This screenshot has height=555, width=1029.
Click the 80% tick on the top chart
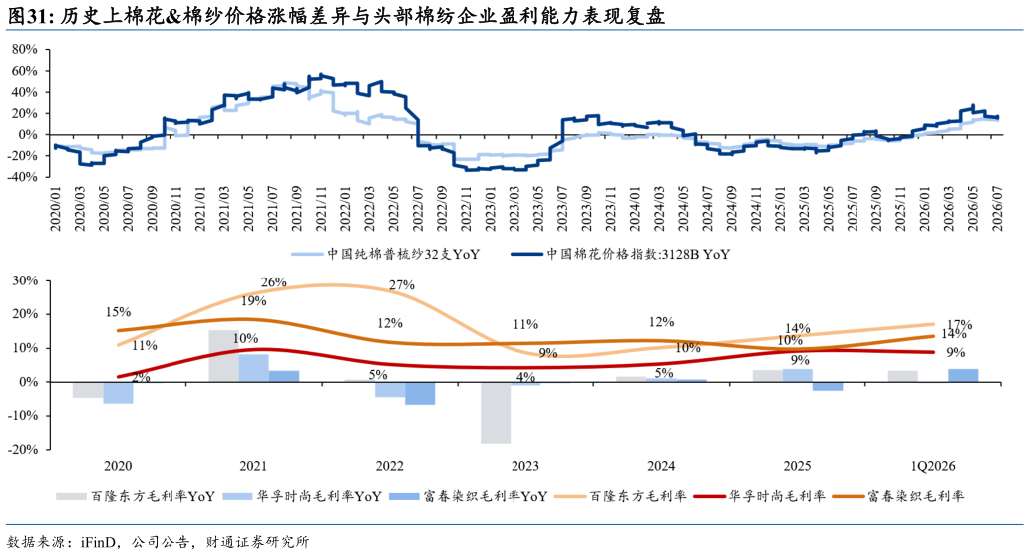25,49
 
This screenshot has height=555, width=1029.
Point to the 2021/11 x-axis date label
321,209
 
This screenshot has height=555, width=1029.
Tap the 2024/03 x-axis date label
660,209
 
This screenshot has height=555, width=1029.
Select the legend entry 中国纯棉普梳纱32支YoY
385,254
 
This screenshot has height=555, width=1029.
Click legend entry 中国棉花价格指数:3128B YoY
620,254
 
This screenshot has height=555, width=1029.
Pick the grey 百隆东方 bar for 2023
496,413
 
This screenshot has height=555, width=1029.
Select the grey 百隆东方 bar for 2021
223,356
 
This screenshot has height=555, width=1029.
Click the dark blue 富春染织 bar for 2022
420,393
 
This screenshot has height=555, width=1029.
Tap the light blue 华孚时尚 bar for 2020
118,392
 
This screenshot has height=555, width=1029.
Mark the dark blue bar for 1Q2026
963,375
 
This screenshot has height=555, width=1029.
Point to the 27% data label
402,285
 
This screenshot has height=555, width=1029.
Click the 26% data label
273,282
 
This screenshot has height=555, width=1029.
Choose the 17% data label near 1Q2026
959,325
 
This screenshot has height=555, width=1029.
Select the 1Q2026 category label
932,466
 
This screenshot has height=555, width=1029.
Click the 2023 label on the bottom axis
525,466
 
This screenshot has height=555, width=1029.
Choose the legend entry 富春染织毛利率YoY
469,496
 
